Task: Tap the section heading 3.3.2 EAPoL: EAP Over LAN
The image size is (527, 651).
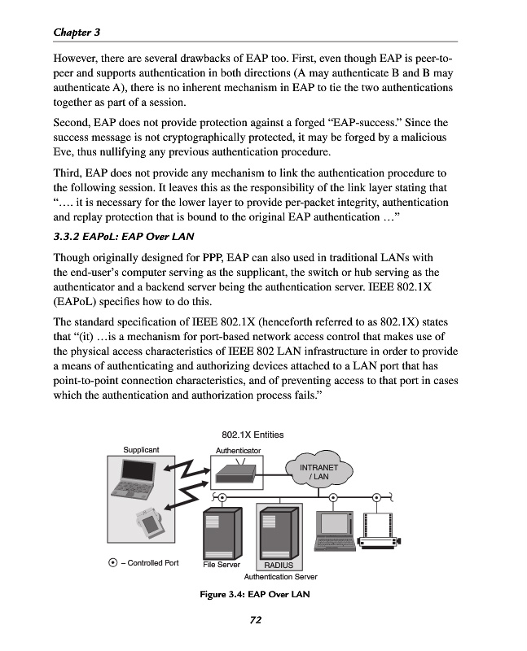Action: coord(132,237)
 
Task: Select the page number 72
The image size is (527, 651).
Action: coord(254,620)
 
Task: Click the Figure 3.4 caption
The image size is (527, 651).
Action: coord(255,593)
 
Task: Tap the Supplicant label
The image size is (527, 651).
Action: coord(141,449)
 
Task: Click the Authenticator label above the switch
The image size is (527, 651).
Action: coord(238,450)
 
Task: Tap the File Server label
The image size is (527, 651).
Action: coord(222,563)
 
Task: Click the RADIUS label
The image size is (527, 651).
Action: coord(279,565)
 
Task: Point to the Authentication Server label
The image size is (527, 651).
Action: coord(280,576)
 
